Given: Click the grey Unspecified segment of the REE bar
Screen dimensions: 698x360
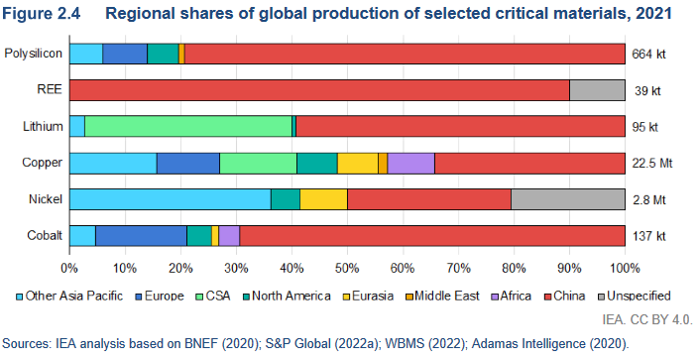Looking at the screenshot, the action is (x=597, y=90).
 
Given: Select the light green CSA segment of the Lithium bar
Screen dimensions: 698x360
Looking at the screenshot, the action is (x=188, y=127).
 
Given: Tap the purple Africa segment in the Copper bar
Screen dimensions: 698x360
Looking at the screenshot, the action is (x=410, y=163).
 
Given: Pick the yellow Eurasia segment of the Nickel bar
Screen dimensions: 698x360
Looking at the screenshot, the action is (x=323, y=199).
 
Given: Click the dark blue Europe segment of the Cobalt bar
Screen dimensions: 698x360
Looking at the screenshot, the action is (x=141, y=236).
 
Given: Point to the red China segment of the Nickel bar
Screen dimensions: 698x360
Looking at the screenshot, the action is (x=429, y=199).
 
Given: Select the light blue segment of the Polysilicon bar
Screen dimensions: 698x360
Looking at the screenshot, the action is (x=86, y=54).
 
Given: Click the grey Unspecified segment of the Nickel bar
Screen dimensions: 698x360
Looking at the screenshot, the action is (x=568, y=199).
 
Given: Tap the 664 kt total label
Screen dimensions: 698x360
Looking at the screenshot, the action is (x=648, y=55).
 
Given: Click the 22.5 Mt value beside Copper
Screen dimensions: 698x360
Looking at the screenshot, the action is (x=652, y=163).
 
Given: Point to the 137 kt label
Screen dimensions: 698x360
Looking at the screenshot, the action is (x=649, y=236).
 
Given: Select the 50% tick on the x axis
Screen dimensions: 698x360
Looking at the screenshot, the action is (x=347, y=268).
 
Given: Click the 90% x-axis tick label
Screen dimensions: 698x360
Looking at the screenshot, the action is (x=569, y=268).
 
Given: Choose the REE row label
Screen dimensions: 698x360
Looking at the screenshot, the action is (x=50, y=89).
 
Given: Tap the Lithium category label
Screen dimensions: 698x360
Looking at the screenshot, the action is (x=43, y=127).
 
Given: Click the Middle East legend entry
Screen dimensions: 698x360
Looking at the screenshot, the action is (x=442, y=296).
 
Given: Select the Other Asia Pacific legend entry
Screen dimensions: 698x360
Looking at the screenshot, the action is (x=69, y=296).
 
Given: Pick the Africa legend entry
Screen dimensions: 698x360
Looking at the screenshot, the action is (x=511, y=296).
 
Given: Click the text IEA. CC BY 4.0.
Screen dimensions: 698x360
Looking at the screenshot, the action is (x=647, y=319).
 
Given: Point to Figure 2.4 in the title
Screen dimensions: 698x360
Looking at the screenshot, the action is (x=42, y=13).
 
